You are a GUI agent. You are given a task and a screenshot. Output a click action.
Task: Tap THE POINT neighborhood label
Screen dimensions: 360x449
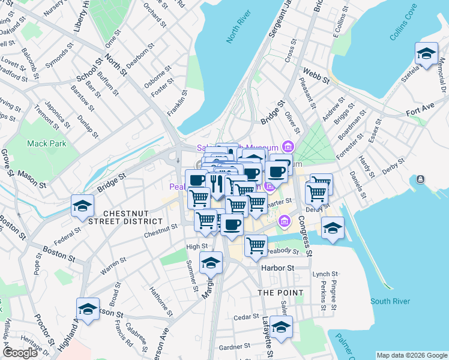tap(280, 292)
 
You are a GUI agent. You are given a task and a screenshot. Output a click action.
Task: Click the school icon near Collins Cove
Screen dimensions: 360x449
tap(426, 54)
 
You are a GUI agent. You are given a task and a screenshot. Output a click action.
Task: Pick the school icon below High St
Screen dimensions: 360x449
tap(211, 263)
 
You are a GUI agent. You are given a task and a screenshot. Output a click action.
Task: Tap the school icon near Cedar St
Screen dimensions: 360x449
tap(281, 328)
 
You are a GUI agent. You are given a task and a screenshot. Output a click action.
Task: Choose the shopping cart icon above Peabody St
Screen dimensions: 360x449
tap(256, 245)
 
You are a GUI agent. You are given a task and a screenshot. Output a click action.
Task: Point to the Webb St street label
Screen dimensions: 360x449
tap(316, 76)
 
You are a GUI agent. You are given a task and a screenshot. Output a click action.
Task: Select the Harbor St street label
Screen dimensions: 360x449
tap(277, 268)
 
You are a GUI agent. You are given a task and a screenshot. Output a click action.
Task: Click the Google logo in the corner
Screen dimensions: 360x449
tap(20, 353)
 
